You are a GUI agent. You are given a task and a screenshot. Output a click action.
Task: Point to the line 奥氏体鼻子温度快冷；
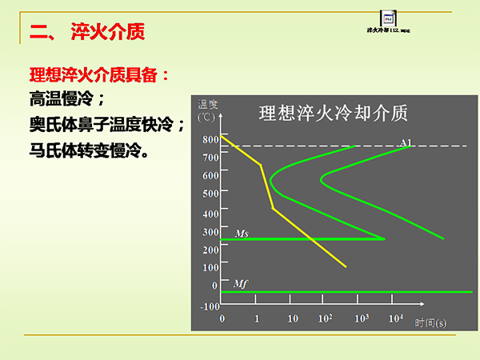107,125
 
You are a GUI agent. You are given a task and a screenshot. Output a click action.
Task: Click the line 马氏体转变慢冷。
88,150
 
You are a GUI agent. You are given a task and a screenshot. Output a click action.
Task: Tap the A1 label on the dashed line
406,142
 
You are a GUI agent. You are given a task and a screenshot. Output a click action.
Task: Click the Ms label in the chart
241,233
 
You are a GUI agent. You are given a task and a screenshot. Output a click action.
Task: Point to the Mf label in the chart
240,284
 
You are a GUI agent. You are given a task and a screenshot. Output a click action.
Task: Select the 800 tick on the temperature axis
210,139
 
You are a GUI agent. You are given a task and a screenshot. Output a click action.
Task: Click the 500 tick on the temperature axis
210,194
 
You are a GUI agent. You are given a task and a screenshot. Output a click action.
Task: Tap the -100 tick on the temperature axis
209,306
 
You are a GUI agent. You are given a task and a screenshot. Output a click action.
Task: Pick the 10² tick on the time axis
326,318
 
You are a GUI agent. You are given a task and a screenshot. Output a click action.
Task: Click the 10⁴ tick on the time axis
394,318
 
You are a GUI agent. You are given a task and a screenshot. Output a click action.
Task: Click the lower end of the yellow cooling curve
346,266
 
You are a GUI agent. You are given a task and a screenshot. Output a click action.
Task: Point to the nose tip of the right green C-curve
321,178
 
